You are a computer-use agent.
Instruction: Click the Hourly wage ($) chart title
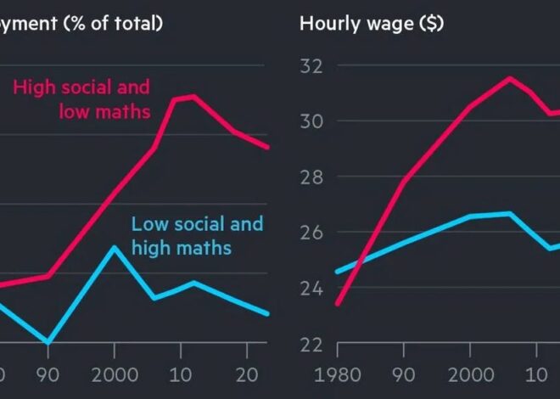point(371,23)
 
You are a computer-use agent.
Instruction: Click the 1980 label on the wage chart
point(338,374)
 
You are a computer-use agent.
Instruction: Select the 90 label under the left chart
point(48,374)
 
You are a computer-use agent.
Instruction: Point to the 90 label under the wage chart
point(405,374)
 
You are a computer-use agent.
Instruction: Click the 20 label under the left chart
point(247,374)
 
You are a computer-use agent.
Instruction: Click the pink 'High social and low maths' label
point(82,98)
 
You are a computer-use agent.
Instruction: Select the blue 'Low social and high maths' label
point(198,236)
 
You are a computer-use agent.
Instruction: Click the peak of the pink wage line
point(509,78)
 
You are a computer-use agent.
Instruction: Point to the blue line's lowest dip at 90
point(48,342)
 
